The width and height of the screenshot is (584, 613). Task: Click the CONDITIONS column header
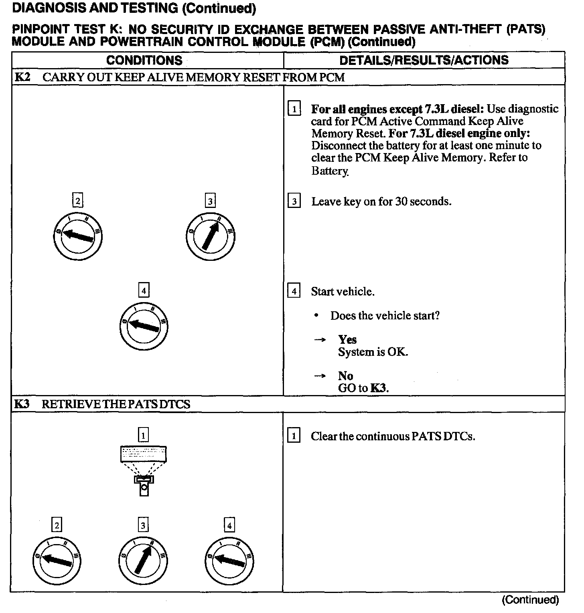pyautogui.click(x=144, y=60)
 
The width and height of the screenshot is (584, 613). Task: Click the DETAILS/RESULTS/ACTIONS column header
pyautogui.click(x=424, y=60)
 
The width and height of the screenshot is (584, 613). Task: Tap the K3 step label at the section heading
pyautogui.click(x=22, y=404)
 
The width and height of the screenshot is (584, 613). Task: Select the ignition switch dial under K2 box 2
pyautogui.click(x=78, y=237)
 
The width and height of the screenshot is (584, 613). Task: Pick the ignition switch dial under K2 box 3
pyautogui.click(x=211, y=237)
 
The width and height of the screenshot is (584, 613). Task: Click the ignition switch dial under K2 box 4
pyautogui.click(x=144, y=326)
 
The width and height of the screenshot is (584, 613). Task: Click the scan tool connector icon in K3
pyautogui.click(x=143, y=471)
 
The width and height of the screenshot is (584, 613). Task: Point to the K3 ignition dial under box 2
pyautogui.click(x=57, y=561)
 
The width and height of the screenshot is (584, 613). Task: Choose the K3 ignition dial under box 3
pyautogui.click(x=143, y=561)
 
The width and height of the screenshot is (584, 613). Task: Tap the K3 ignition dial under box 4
pyautogui.click(x=229, y=561)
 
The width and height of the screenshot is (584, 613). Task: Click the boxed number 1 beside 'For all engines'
pyautogui.click(x=294, y=109)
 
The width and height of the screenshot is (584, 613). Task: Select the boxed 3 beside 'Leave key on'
pyautogui.click(x=294, y=201)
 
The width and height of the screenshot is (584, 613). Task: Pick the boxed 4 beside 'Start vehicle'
pyautogui.click(x=294, y=291)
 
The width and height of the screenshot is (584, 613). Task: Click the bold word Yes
pyautogui.click(x=347, y=340)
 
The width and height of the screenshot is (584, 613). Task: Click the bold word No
pyautogui.click(x=345, y=376)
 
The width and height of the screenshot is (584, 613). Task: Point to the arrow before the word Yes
pyautogui.click(x=320, y=340)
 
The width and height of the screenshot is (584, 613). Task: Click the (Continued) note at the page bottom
pyautogui.click(x=530, y=600)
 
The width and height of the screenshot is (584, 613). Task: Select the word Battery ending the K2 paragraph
pyautogui.click(x=330, y=171)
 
